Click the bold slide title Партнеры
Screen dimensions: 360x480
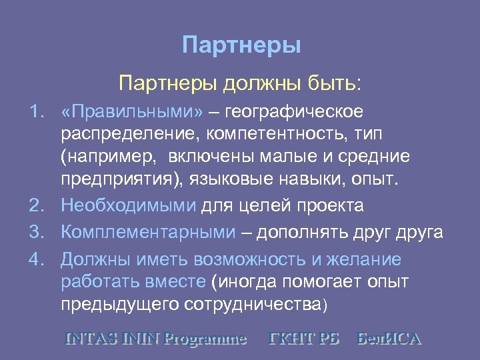click(x=241, y=45)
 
